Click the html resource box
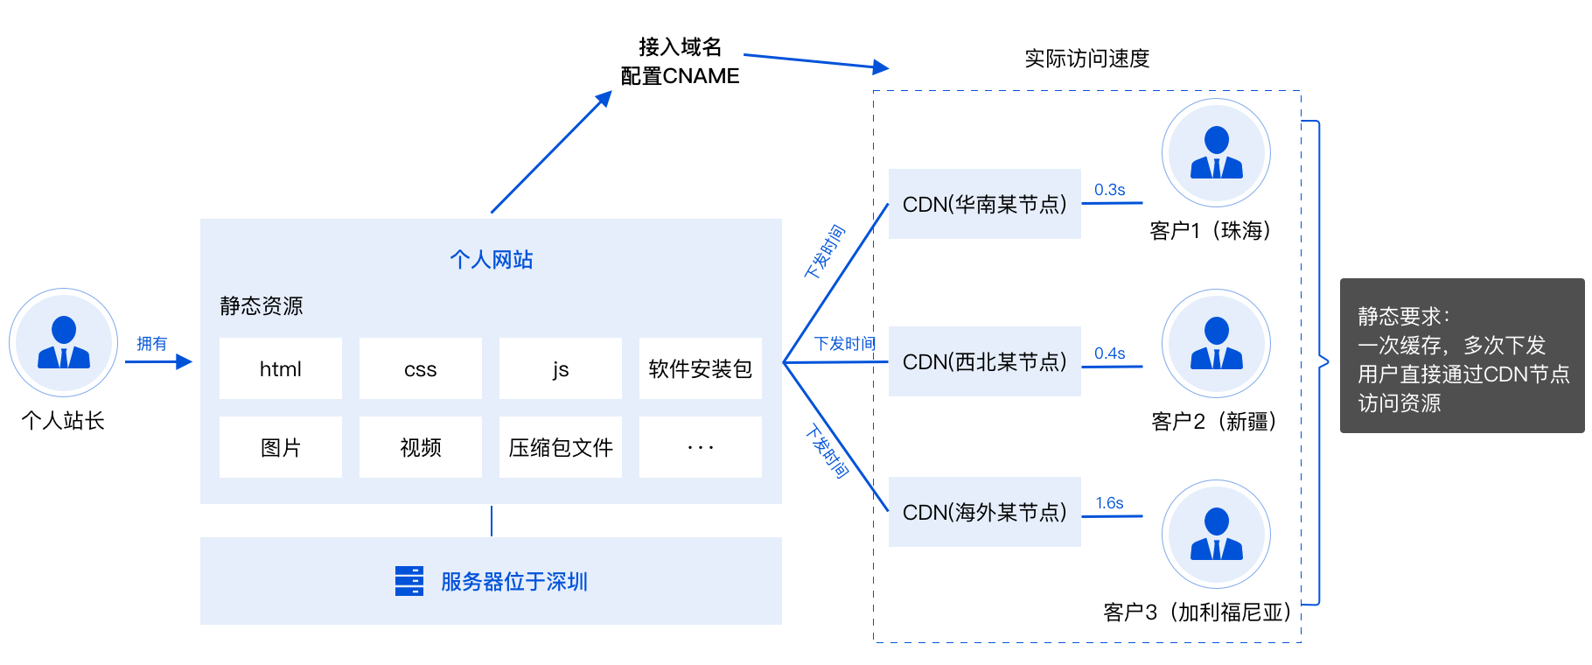point(280,368)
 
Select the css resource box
point(420,368)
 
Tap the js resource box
point(560,368)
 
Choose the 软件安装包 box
point(700,368)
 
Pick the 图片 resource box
point(280,447)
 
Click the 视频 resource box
point(420,447)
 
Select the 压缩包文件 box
point(560,447)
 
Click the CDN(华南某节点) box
point(985,204)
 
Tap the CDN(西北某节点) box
point(985,361)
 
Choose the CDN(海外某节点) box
point(985,512)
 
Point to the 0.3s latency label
point(1109,190)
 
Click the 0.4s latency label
point(1109,353)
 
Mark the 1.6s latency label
point(1109,503)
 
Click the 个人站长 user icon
point(64,342)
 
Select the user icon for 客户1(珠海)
point(1216,153)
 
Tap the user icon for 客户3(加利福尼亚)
point(1216,534)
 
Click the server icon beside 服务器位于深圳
point(408,581)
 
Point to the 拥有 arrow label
point(151,344)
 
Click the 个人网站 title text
point(491,260)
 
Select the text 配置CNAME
point(680,76)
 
